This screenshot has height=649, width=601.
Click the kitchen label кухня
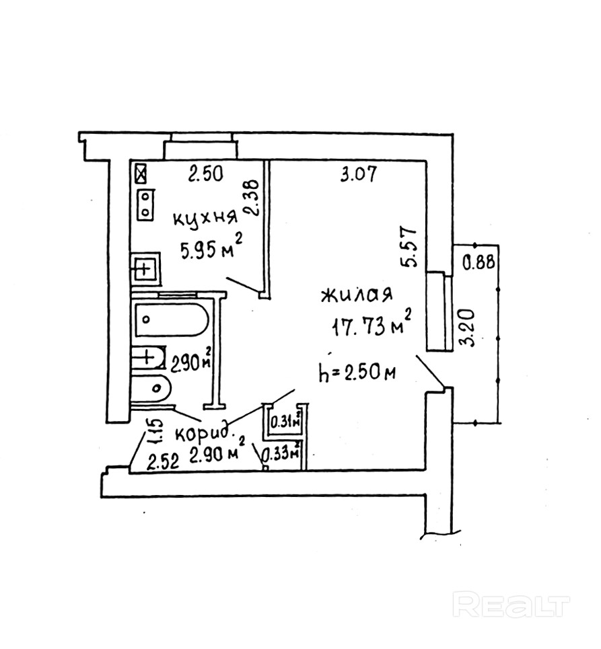coord(205,219)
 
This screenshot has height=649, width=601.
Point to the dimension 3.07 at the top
coord(358,176)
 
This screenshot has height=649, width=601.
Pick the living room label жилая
coord(357,297)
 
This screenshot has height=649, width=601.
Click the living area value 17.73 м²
coord(370,327)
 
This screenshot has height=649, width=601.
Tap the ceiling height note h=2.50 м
coord(357,372)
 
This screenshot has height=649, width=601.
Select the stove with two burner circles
coord(145,204)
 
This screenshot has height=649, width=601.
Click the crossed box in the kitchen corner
coord(141,174)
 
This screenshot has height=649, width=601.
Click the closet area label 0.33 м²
coord(280,455)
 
